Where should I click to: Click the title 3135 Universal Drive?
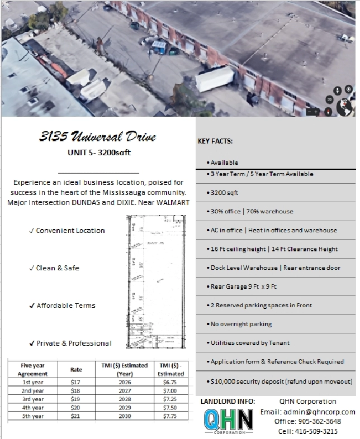[98, 137]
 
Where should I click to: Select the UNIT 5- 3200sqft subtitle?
[98, 154]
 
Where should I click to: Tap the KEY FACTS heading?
[215, 141]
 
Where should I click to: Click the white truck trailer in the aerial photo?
[214, 79]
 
